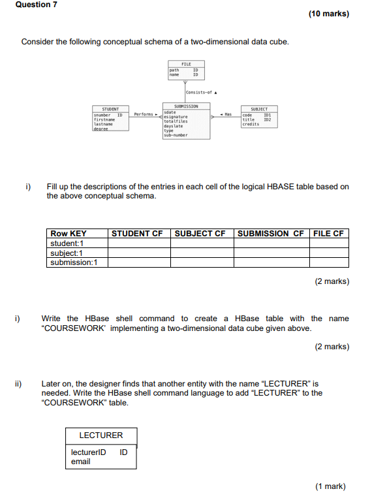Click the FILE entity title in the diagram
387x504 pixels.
186,64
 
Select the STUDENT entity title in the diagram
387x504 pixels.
110,109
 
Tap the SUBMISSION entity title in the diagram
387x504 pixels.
186,106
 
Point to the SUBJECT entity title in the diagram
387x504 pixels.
258,109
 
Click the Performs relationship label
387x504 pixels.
143,114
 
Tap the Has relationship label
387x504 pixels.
227,114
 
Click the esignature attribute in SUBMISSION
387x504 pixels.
176,117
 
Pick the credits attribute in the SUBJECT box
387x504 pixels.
251,124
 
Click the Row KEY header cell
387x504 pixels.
69,234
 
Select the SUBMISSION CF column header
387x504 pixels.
271,234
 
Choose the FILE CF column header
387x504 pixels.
329,234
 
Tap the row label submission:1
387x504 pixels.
74,262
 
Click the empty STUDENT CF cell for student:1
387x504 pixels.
139,244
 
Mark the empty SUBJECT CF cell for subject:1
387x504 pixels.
202,253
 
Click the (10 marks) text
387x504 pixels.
328,14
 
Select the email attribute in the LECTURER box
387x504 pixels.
81,462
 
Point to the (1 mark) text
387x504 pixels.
330,486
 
